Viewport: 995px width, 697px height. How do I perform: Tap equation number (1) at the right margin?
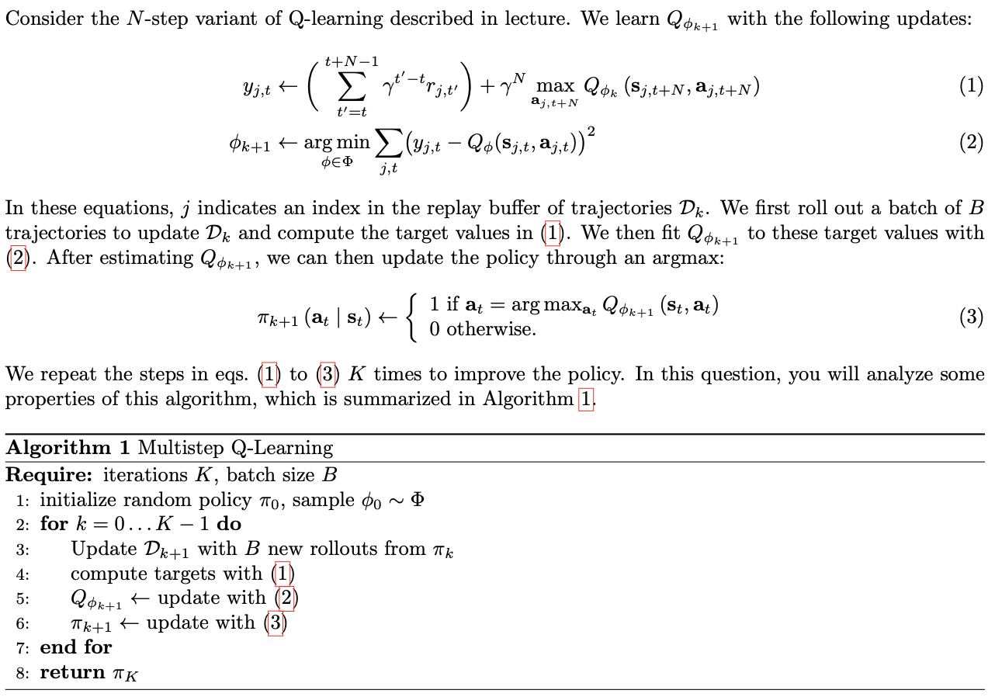tap(970, 85)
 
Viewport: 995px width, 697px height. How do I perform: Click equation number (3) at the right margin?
tap(970, 317)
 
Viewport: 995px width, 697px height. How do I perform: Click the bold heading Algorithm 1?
tap(69, 448)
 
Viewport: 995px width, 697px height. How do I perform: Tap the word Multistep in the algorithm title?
tap(182, 448)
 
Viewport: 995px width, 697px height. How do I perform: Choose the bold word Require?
tap(48, 474)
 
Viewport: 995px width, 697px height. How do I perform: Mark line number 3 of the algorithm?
tap(22, 550)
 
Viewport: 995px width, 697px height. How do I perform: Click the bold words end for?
tap(76, 647)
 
